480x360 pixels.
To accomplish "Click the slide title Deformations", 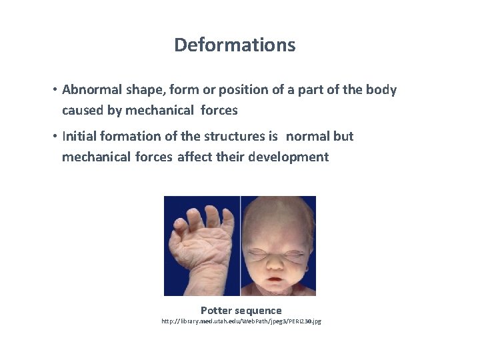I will [x=235, y=45].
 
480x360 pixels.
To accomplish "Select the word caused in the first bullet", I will [x=83, y=110].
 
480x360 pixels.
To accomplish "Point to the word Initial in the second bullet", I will [x=79, y=136].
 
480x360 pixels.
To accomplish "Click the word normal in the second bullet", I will [x=308, y=136].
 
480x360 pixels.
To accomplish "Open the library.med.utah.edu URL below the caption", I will [x=241, y=321].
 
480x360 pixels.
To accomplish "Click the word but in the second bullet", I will [x=343, y=136].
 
